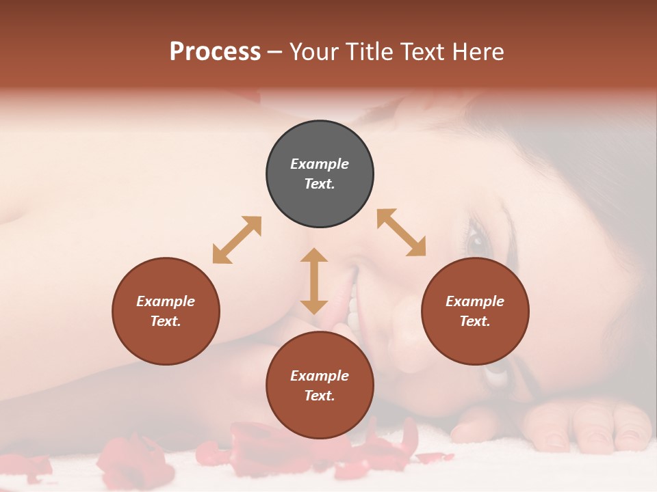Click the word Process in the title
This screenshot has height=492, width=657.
coord(215,52)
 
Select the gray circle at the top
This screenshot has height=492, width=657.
coord(320,174)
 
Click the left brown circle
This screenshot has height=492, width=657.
coord(166,311)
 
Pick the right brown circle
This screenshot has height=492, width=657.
coord(475,311)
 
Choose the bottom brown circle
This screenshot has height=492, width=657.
coord(320,385)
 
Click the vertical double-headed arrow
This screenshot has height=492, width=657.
coord(314,281)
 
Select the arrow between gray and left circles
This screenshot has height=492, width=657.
coord(237,240)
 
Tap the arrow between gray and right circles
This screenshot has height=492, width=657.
coord(402,232)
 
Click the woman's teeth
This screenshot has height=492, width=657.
coord(353,307)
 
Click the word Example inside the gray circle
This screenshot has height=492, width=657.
coord(320,164)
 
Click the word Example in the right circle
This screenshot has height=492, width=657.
coord(475,301)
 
